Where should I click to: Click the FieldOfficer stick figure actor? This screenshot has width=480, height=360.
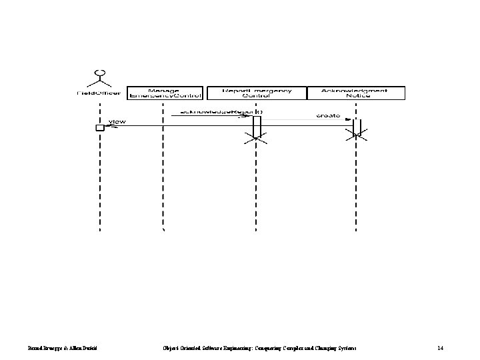point(101,77)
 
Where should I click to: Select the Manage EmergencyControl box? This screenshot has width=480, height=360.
point(164,93)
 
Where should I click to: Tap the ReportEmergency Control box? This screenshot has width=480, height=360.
point(256,93)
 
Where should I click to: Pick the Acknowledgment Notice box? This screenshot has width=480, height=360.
point(356,93)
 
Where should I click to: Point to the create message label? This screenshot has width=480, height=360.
point(328,115)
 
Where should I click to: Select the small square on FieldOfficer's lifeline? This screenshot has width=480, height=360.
point(100,127)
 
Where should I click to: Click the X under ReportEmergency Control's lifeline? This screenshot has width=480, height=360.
point(256,139)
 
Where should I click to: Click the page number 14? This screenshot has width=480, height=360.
point(440,349)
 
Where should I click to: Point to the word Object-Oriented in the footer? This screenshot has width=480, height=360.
point(181,349)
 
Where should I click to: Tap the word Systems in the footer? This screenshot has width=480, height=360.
point(345,349)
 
